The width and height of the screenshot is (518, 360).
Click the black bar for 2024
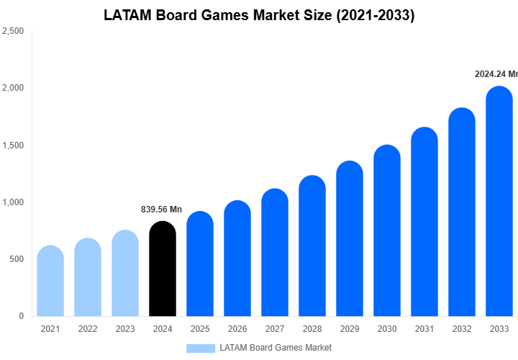(163, 270)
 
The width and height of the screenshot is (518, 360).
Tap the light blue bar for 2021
(50, 282)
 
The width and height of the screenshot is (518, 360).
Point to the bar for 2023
(125, 274)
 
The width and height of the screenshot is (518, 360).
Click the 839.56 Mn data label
(161, 210)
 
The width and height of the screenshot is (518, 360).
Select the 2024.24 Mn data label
(496, 73)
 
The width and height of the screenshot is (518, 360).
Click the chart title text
(259, 15)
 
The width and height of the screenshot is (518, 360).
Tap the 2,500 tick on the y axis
(13, 32)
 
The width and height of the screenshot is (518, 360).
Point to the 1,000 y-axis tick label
(13, 202)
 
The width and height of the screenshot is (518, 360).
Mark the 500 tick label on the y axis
(16, 259)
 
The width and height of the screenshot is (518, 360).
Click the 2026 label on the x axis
(237, 329)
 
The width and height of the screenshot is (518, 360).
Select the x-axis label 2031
(424, 329)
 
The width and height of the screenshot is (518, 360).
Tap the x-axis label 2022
(88, 329)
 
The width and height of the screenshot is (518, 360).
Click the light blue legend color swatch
(200, 348)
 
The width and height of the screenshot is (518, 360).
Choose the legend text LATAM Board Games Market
(276, 348)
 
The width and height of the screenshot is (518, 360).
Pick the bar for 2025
(200, 265)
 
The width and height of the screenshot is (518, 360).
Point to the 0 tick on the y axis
(21, 316)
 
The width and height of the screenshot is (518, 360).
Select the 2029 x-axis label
(350, 329)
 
